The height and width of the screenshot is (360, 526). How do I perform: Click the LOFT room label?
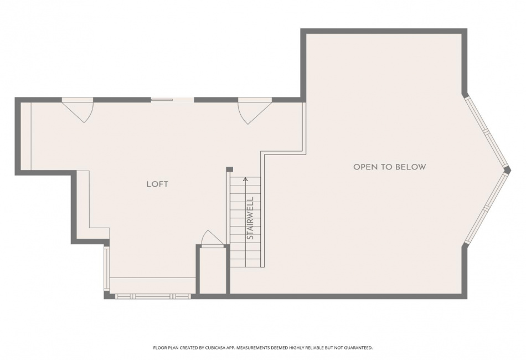pos(157,184)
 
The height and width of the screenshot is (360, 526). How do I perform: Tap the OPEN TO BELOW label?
pos(390,167)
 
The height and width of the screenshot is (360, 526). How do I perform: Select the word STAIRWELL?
pos(250,218)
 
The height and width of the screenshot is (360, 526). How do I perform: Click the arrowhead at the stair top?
pos(245,179)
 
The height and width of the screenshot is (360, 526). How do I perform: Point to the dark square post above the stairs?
pos(229,169)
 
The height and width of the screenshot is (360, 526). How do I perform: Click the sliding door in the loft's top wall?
pos(172,99)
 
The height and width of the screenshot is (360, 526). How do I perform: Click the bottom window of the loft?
pos(153,297)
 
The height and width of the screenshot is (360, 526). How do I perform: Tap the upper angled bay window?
pos(485,131)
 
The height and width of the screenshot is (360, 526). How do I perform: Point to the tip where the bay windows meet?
pos(510,170)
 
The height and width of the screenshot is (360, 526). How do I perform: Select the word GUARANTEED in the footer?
pos(358,348)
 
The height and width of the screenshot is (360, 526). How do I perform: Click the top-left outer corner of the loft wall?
pos(15,97)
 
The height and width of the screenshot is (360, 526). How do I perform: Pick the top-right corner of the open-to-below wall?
pos(467,29)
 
